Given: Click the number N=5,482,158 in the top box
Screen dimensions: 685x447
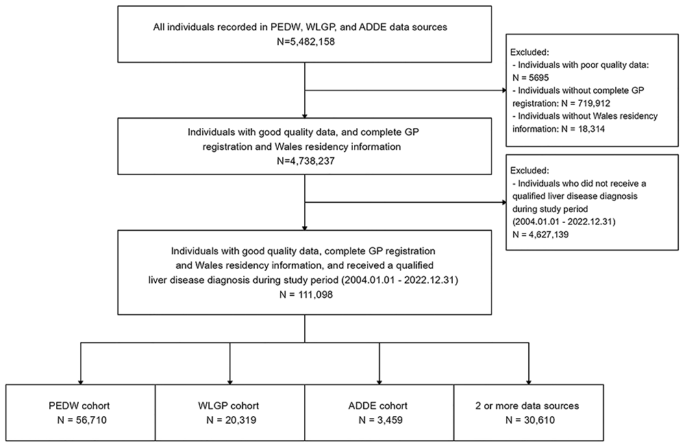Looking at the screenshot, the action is click(306, 42).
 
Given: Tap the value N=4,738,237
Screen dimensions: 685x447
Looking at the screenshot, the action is click(306, 161).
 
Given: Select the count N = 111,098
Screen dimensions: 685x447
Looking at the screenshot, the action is click(306, 294).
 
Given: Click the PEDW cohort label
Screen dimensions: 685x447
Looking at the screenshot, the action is click(79, 406).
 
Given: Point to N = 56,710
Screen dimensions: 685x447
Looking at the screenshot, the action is click(82, 420).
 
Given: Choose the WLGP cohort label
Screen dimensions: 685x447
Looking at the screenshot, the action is click(229, 406).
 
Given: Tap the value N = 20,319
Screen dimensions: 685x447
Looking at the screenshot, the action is click(231, 420).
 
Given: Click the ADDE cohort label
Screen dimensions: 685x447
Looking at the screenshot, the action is click(378, 406).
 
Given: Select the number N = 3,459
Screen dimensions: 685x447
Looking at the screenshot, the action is click(380, 420).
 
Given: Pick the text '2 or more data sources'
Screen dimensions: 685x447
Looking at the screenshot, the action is click(527, 406).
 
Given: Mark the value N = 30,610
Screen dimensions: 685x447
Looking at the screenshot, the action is click(530, 420).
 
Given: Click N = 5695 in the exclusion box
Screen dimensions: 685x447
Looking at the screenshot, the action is click(531, 78).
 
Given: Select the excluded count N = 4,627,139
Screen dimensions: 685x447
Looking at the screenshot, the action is click(540, 234).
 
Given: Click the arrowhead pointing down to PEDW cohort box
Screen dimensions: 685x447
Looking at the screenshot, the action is click(80, 381).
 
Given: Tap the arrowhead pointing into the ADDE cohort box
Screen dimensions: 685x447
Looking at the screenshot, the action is click(379, 381).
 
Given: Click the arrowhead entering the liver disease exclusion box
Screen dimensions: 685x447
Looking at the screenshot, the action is click(503, 202).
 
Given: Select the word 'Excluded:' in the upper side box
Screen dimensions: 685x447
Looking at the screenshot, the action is click(529, 52).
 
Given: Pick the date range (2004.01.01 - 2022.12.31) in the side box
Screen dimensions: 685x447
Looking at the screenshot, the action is click(564, 221).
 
